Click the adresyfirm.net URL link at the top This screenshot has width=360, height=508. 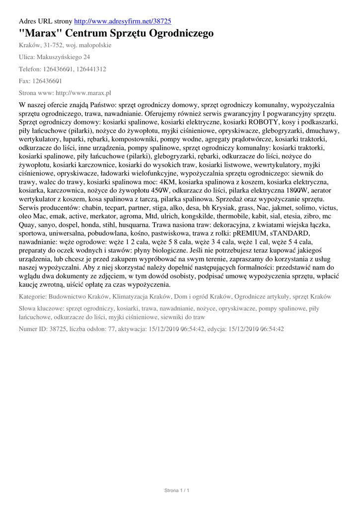pos(123,21)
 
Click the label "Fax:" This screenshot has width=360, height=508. pos(25,81)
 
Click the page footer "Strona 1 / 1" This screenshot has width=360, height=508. pos(177,491)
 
